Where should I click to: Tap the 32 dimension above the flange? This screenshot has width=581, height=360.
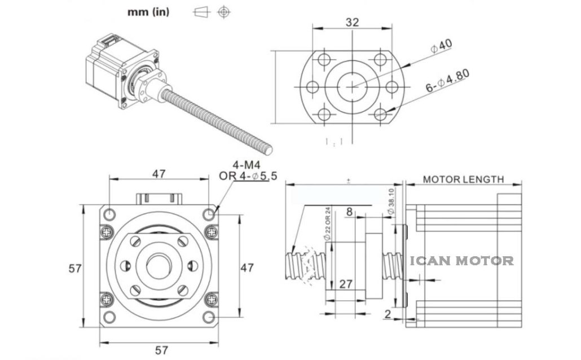click(353, 23)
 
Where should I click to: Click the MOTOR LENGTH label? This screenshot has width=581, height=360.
click(463, 180)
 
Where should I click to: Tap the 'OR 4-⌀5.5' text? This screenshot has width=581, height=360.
click(248, 176)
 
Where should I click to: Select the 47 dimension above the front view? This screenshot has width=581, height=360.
click(159, 174)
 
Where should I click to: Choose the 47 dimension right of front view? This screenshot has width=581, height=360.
click(247, 267)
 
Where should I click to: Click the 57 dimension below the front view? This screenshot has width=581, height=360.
click(161, 350)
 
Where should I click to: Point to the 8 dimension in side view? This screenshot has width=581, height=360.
click(350, 212)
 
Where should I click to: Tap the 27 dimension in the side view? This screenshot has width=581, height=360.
click(346, 284)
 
